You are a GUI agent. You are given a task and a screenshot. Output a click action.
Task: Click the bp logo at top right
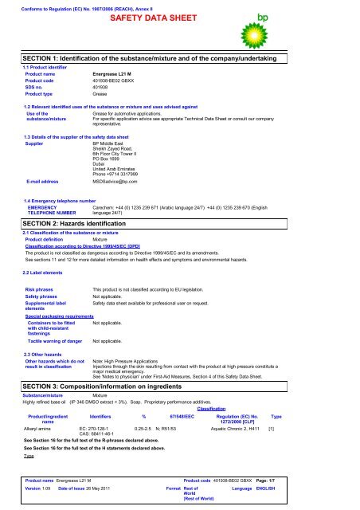click(330, 25)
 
